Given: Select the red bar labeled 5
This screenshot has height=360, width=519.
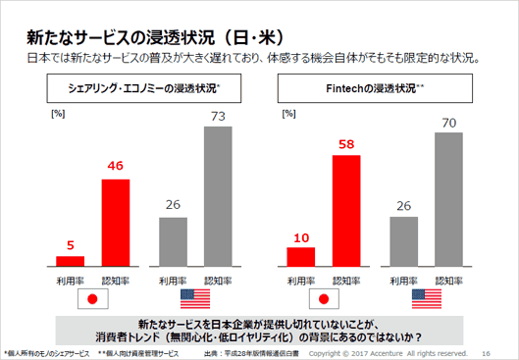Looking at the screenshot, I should [70, 261].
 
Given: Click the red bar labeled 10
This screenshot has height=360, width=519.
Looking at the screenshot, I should [299, 256].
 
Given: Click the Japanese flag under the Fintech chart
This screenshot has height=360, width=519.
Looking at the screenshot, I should [325, 299].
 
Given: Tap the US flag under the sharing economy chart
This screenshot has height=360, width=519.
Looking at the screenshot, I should [197, 299].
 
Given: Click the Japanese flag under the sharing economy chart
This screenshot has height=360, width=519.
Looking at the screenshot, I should [95, 299].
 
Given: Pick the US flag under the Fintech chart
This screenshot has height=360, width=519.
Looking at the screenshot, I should [426, 299].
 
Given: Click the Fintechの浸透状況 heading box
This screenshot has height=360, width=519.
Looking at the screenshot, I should [374, 88].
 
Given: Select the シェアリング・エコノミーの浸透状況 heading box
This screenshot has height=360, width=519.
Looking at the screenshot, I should [145, 88].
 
